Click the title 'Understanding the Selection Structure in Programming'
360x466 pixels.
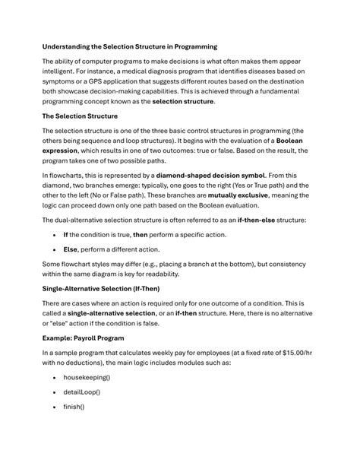[x=129, y=46]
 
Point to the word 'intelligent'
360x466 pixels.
[x=63, y=71]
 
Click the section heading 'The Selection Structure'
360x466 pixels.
[x=80, y=116]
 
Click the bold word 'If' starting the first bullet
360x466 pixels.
[x=66, y=234]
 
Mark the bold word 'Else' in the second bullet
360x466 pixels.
[x=70, y=249]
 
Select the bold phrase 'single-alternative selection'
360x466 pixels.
[x=113, y=312]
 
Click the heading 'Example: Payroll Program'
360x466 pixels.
[x=83, y=337]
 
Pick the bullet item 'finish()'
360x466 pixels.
[x=74, y=406]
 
